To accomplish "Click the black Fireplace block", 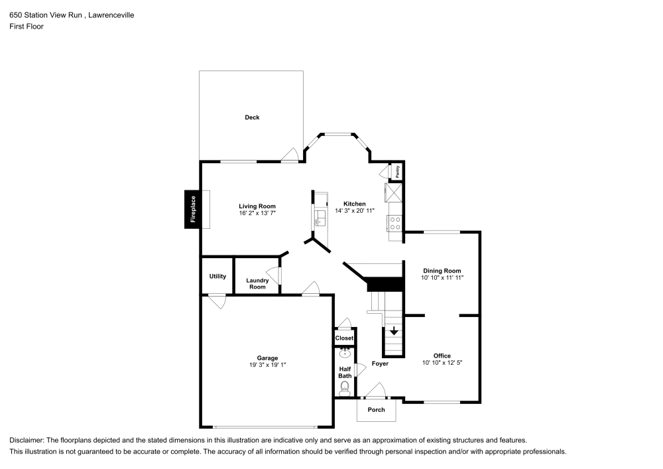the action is [x=193, y=210].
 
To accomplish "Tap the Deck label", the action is [x=252, y=117].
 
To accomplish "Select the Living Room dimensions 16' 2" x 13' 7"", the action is [x=257, y=213].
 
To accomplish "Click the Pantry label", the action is [x=397, y=171].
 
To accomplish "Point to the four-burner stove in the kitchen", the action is [x=395, y=224].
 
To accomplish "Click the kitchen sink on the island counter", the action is [x=320, y=218].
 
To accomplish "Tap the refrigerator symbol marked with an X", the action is [x=394, y=192].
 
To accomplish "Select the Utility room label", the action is [x=217, y=276].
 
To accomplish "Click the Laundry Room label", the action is [x=257, y=283].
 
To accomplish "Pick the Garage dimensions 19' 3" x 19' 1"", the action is [x=268, y=365].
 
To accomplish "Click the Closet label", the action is [x=344, y=338].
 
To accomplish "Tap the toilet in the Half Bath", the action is [x=345, y=388].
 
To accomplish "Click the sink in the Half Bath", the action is [x=345, y=353].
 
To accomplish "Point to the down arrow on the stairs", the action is [x=394, y=330].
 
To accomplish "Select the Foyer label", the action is [x=380, y=364].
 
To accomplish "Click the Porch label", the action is [x=377, y=409].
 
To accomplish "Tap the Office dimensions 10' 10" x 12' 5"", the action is [x=442, y=362].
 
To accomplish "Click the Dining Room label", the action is [x=442, y=271].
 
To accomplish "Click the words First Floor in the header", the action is [x=27, y=27].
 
